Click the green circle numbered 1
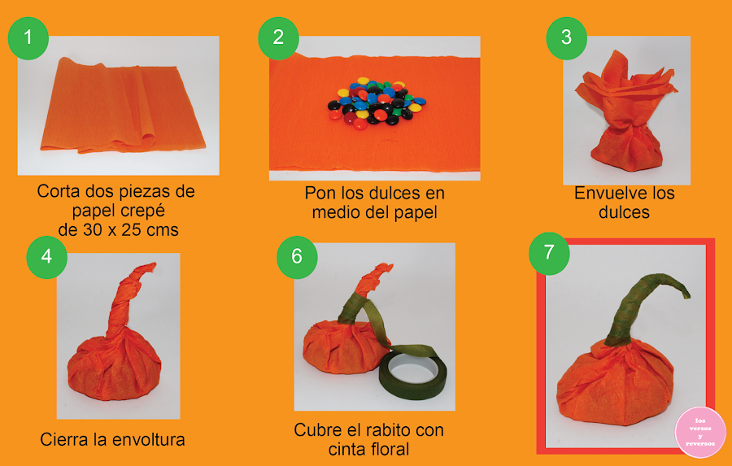(x=28, y=38)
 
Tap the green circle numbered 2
(x=279, y=38)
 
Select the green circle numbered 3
(x=567, y=38)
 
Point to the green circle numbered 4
(x=46, y=257)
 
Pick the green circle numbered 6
(x=298, y=257)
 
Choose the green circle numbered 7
(x=550, y=253)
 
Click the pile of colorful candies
(x=377, y=103)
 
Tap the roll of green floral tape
(x=412, y=375)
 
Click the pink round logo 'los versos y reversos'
(x=700, y=432)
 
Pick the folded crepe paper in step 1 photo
(x=122, y=106)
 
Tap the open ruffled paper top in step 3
(x=624, y=86)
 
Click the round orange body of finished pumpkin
(x=615, y=383)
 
